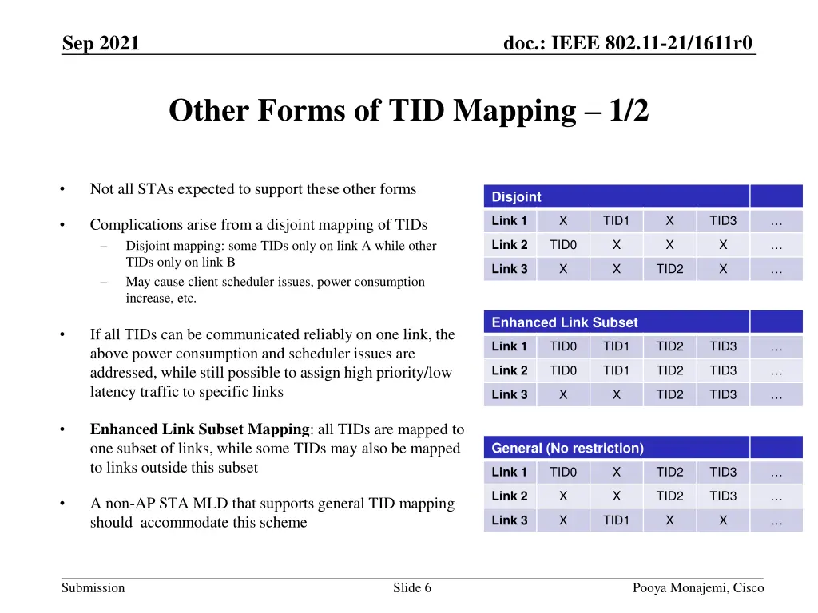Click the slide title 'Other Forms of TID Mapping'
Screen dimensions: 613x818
pyautogui.click(x=408, y=111)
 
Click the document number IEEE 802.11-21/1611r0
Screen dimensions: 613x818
pyautogui.click(x=628, y=43)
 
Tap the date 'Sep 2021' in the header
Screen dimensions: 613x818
pyautogui.click(x=101, y=43)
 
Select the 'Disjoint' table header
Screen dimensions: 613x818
pyautogui.click(x=517, y=196)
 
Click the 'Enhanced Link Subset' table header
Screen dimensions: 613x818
pyautogui.click(x=565, y=322)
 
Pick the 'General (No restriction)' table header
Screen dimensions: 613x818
pyautogui.click(x=567, y=448)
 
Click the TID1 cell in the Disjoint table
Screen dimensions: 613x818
pyautogui.click(x=616, y=221)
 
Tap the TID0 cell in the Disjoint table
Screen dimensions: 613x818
pyautogui.click(x=563, y=245)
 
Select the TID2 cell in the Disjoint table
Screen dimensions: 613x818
pyautogui.click(x=669, y=269)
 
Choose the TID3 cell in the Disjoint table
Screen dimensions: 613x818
pyautogui.click(x=723, y=221)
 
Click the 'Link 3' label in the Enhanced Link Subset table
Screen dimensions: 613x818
pyautogui.click(x=510, y=394)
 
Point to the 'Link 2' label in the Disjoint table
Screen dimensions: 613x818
pyautogui.click(x=510, y=245)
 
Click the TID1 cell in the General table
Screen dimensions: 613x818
pyautogui.click(x=616, y=520)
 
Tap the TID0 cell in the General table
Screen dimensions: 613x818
pyautogui.click(x=563, y=473)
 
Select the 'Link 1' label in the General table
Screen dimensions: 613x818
pyautogui.click(x=510, y=473)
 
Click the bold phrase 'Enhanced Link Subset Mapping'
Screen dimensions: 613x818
pyautogui.click(x=200, y=429)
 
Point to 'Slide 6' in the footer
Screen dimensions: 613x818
pyautogui.click(x=412, y=588)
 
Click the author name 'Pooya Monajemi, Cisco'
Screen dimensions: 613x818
pyautogui.click(x=698, y=588)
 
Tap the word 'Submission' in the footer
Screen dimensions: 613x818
pyautogui.click(x=93, y=588)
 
